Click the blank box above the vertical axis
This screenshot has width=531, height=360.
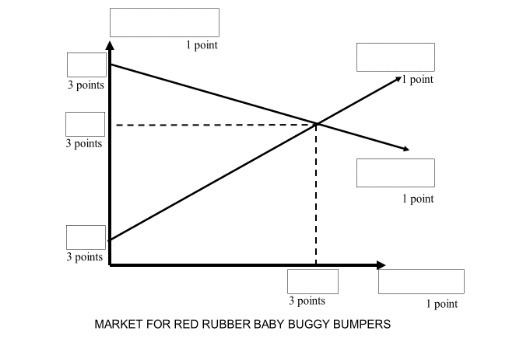(x=164, y=22)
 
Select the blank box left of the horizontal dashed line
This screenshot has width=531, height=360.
(x=85, y=124)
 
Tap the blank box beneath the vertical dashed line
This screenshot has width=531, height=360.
(x=312, y=281)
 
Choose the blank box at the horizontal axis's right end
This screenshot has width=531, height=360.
(x=421, y=281)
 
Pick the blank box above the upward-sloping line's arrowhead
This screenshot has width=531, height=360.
(x=395, y=57)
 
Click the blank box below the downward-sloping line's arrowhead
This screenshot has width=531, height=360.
(x=395, y=172)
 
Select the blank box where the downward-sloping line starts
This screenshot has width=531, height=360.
(x=86, y=65)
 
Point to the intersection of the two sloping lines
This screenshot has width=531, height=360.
(x=317, y=124)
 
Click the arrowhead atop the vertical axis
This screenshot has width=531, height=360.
(x=110, y=44)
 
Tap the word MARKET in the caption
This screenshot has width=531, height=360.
(x=118, y=325)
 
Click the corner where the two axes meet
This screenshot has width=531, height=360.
(x=110, y=265)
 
